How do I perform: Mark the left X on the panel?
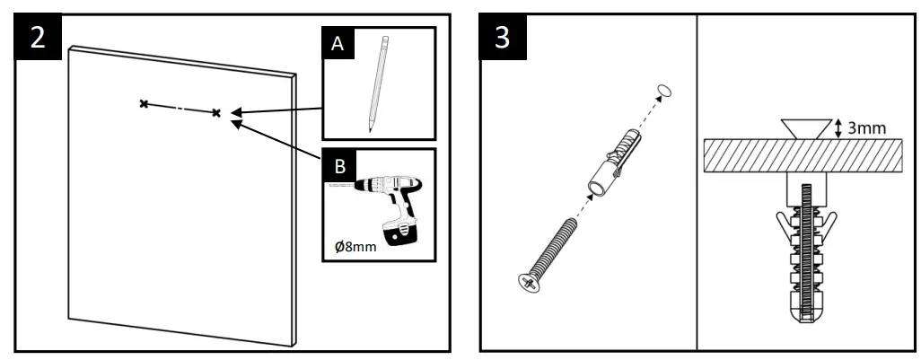click(143, 104)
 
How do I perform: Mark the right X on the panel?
click(215, 113)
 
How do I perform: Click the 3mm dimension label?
click(867, 128)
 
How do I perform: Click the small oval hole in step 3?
click(664, 90)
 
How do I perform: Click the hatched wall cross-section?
click(799, 156)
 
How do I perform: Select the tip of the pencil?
click(370, 130)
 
